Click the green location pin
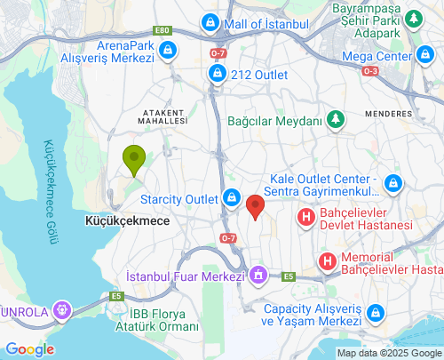pos(134,160)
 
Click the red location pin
pos(255,206)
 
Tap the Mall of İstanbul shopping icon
pos(210,21)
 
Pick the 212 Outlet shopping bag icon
pos(216,75)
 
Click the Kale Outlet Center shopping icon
pos(393,184)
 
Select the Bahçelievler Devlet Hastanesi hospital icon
pos(306,216)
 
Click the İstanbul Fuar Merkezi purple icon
pos(258,276)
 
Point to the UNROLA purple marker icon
pos(61,310)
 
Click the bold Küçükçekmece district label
pos(127,220)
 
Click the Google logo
pos(29,348)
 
